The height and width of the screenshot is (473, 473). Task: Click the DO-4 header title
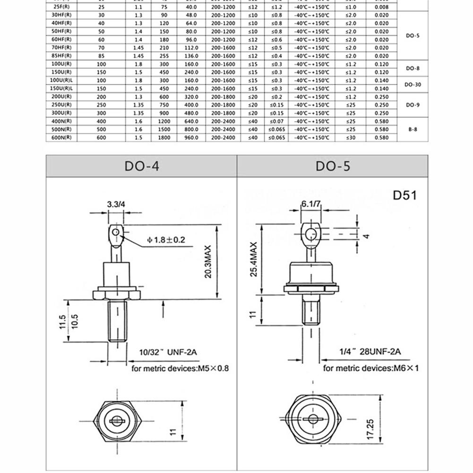(x=142, y=166)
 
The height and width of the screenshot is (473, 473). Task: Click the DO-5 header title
(x=333, y=166)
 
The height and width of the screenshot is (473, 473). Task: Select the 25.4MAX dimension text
(x=254, y=259)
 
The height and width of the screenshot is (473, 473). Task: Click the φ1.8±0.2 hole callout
(x=166, y=240)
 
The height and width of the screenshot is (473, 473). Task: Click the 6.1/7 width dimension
(x=310, y=204)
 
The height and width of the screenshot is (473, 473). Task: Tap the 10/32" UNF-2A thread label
(x=167, y=352)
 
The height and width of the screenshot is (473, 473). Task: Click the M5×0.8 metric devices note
(x=180, y=368)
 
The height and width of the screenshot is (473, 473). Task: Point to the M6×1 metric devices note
(x=370, y=368)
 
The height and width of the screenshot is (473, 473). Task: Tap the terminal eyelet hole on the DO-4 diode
(x=115, y=232)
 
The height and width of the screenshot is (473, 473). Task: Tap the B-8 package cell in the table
(x=412, y=129)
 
